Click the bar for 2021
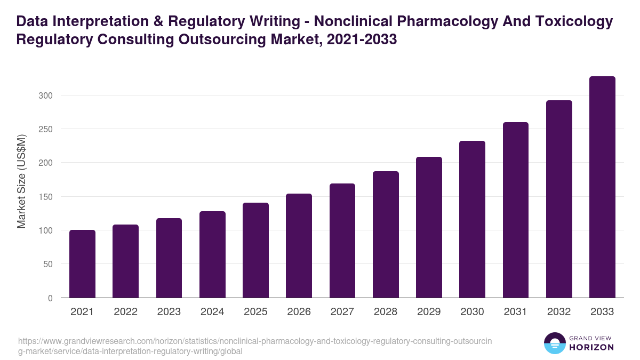[83, 264]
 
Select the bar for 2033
[602, 187]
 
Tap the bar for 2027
[342, 241]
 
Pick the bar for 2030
[472, 219]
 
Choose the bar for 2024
[212, 254]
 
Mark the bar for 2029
[429, 227]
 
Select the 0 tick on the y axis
[50, 298]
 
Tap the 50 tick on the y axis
[47, 264]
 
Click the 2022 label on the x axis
[125, 312]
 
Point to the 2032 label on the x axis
[559, 312]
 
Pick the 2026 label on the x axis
[299, 312]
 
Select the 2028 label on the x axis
[386, 312]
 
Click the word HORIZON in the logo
[592, 347]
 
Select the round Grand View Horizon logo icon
[555, 343]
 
